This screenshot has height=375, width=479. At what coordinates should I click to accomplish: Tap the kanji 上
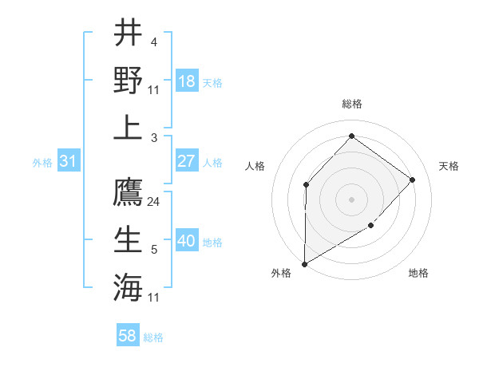click(129, 127)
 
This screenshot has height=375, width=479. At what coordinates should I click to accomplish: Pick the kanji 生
click(129, 239)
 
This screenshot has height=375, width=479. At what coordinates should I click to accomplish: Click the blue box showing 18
click(187, 81)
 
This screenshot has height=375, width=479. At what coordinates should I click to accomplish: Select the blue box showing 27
click(187, 161)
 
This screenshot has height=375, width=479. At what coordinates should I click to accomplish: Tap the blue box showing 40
click(187, 241)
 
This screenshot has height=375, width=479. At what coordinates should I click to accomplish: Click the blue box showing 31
click(68, 161)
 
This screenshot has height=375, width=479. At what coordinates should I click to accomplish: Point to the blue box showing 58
click(128, 336)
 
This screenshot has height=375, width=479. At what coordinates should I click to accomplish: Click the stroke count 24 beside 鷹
click(154, 201)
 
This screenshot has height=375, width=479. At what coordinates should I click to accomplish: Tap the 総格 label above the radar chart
click(351, 104)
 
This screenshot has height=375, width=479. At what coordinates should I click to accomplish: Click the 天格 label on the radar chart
click(449, 166)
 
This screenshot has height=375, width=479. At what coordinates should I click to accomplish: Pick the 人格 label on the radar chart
click(255, 166)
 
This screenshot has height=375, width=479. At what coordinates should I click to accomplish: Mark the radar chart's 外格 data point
click(304, 263)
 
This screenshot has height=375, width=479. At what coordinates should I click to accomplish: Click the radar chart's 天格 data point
click(413, 180)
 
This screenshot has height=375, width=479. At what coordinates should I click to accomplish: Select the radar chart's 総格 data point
click(351, 136)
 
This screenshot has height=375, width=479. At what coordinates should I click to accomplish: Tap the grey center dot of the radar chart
click(351, 199)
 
